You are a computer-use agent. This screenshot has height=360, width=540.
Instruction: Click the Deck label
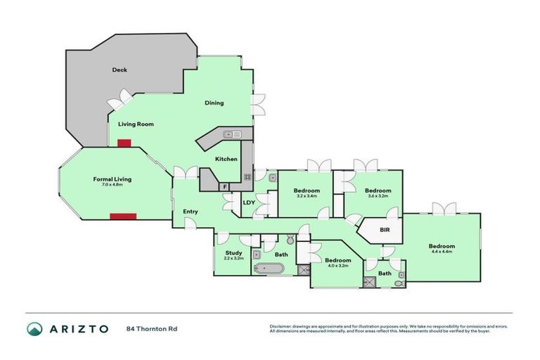pyautogui.click(x=119, y=70)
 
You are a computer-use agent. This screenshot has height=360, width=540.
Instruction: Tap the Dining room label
pyautogui.click(x=214, y=103)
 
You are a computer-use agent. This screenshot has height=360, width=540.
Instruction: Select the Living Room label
pyautogui.click(x=136, y=124)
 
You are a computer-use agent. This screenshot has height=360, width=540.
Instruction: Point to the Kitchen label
pyautogui.click(x=226, y=159)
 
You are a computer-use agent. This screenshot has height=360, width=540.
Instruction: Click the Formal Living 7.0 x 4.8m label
pyautogui.click(x=112, y=181)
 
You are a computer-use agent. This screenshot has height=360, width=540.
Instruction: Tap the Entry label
pyautogui.click(x=191, y=211)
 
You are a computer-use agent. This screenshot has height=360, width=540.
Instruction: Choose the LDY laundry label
pyautogui.click(x=249, y=203)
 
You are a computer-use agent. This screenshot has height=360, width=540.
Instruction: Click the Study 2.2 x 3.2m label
pyautogui.click(x=233, y=255)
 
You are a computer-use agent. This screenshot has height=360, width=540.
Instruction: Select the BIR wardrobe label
pyautogui.click(x=385, y=230)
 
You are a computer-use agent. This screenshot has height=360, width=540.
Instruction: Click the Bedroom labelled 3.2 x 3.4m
pyautogui.click(x=307, y=193)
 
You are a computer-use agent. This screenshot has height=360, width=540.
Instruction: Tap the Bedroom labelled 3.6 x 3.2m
pyautogui.click(x=378, y=193)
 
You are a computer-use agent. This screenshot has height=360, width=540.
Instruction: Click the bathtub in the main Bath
pyautogui.click(x=269, y=269)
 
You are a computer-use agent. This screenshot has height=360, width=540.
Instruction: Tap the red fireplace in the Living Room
pyautogui.click(x=124, y=143)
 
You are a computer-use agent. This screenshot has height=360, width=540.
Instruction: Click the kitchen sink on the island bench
pyautogui.click(x=231, y=134)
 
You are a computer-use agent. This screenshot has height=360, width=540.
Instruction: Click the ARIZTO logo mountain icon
pyautogui.click(x=34, y=328)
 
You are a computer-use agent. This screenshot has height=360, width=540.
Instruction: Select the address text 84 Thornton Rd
pyautogui.click(x=152, y=328)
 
